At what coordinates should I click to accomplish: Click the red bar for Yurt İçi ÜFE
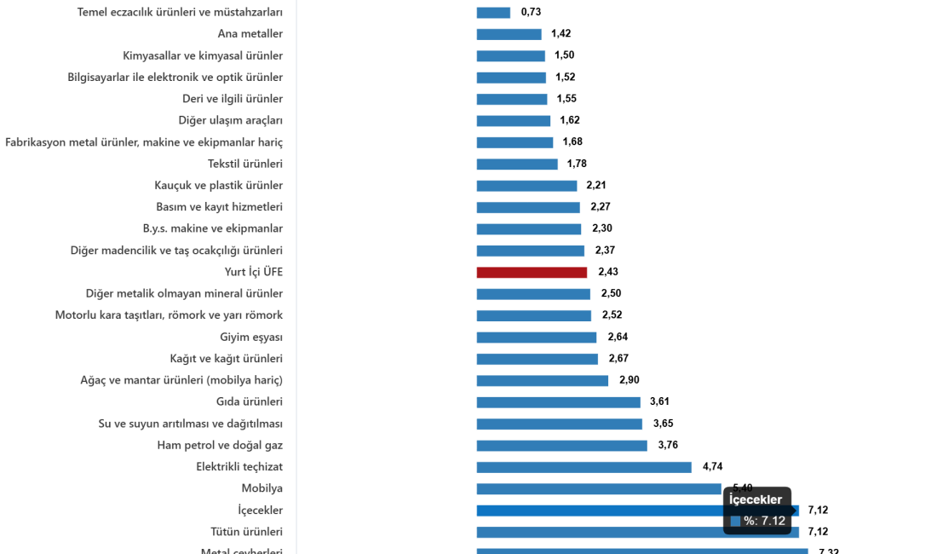click(532, 273)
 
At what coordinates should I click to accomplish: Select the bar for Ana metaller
click(509, 34)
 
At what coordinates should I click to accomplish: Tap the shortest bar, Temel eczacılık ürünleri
click(493, 13)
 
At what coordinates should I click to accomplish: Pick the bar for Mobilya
click(598, 489)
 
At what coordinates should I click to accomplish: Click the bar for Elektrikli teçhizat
click(583, 467)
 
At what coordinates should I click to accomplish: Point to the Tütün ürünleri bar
click(637, 533)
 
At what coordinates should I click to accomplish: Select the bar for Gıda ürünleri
click(558, 402)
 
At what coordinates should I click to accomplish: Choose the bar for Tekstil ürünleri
click(517, 164)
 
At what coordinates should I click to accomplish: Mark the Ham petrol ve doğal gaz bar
click(561, 446)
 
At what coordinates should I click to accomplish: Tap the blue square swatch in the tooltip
click(735, 521)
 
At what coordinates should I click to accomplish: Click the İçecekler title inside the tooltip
click(756, 500)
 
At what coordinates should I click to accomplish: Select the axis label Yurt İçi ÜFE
click(254, 272)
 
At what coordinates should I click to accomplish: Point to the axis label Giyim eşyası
click(251, 337)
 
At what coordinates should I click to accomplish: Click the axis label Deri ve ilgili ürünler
click(233, 99)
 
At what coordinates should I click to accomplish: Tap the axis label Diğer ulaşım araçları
click(231, 120)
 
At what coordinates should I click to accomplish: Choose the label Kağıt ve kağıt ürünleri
click(227, 359)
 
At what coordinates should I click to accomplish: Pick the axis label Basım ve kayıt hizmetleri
click(219, 207)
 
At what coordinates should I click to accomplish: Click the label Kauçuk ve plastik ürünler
click(219, 185)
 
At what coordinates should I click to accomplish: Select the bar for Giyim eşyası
click(537, 338)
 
